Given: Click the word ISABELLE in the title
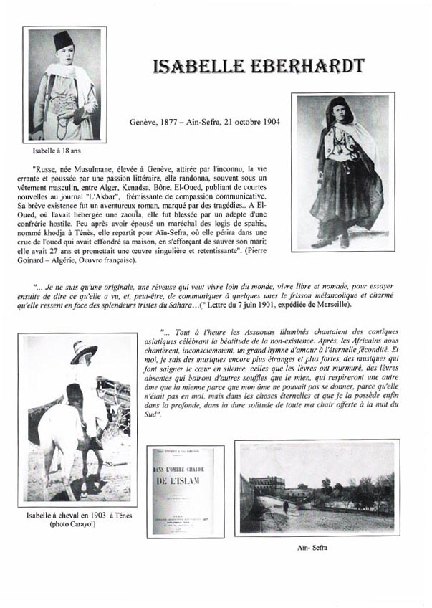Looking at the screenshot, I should (191, 67).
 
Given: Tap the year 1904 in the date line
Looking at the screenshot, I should (270, 121).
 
